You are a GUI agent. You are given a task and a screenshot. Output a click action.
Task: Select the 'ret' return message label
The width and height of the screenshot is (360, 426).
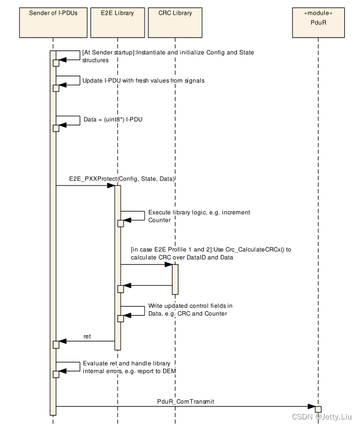tap(87, 336)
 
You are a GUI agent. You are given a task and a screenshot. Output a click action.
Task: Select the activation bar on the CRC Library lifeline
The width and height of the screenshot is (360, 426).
tap(175, 278)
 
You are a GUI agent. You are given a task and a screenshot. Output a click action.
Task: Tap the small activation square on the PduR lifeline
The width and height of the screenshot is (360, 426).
tap(318, 409)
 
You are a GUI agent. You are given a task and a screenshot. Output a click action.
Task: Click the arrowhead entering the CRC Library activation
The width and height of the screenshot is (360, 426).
tap(169, 265)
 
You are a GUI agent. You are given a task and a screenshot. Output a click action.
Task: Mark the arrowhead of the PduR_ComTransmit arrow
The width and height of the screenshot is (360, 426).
tap(312, 406)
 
